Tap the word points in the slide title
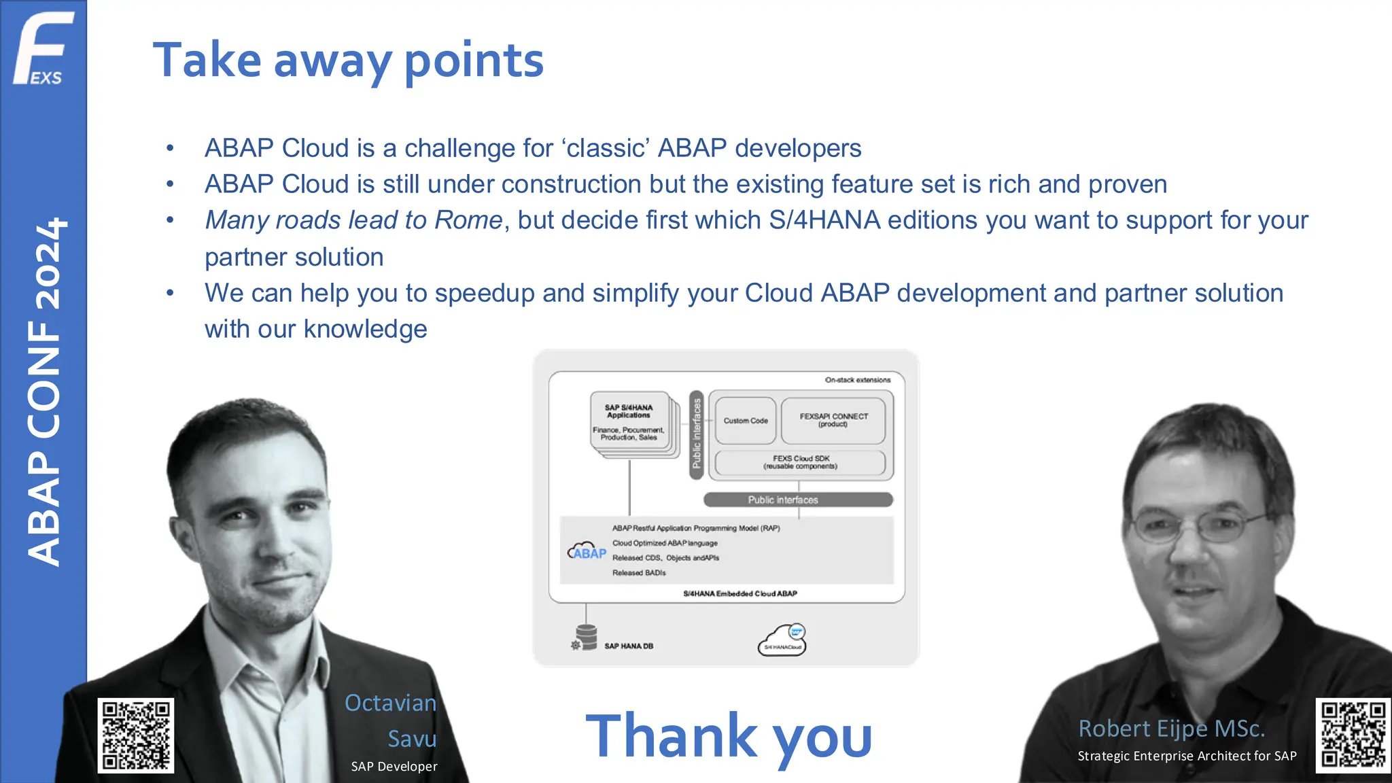(474, 61)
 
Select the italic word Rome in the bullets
(468, 220)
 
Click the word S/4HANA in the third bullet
(824, 220)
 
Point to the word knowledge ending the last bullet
(365, 329)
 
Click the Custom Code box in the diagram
(745, 421)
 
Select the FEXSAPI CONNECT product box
(833, 421)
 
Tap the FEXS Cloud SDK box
(800, 462)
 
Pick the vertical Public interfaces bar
(696, 434)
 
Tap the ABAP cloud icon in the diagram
(587, 551)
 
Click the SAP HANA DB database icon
(585, 638)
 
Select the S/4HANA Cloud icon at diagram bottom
(783, 640)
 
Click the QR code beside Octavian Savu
(136, 735)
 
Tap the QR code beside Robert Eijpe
(1353, 735)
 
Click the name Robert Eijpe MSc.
(1171, 729)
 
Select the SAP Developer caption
(394, 766)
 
